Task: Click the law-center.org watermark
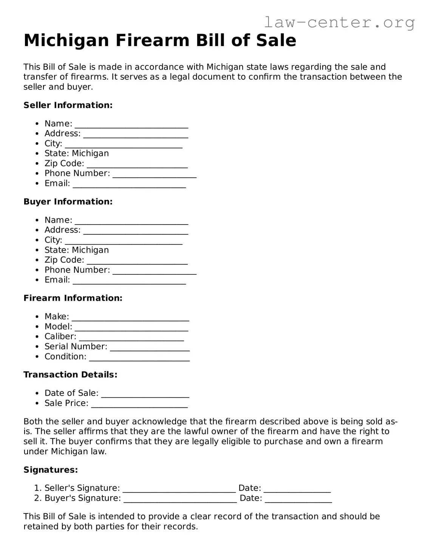(339, 22)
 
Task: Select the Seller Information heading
(68, 105)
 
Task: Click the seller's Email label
(57, 183)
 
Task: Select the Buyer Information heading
(68, 201)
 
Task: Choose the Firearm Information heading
(73, 298)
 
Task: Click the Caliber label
(60, 336)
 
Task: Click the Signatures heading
(51, 470)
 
